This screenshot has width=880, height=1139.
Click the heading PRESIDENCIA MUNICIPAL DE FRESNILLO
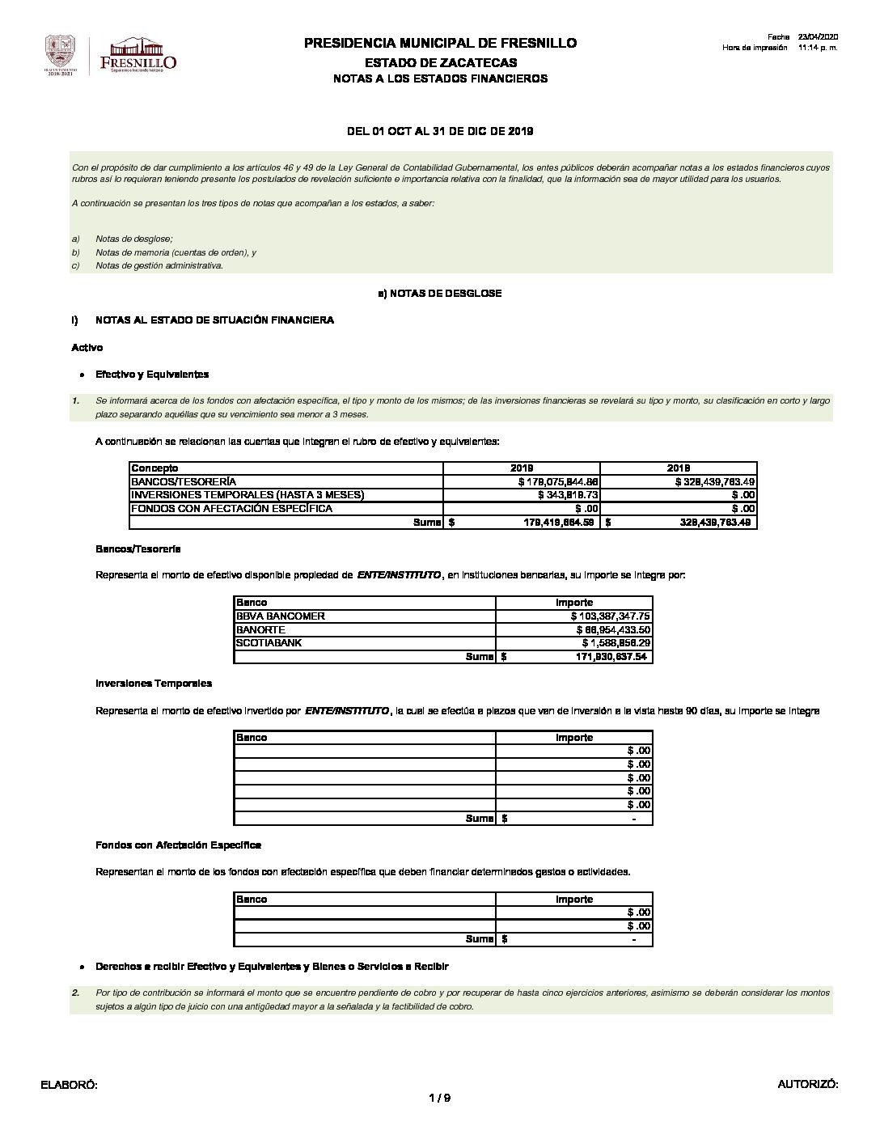pos(440,43)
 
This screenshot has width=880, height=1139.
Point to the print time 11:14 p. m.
pos(817,48)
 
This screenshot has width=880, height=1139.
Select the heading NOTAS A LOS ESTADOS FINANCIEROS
pos(440,78)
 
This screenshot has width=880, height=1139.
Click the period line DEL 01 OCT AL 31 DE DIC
pos(440,131)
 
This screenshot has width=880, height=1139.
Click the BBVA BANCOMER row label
pos(280,616)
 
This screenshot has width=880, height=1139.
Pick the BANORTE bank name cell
pos(260,629)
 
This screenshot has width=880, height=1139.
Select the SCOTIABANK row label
pos(268,643)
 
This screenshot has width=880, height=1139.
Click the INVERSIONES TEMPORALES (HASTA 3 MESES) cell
pos(247,494)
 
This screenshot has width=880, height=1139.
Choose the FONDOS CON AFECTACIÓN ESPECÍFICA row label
pos(232,508)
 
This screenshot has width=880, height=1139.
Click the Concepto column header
pos(154,468)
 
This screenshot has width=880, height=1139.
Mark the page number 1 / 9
pos(439,1098)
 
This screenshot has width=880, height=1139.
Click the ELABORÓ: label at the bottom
pos(69,1084)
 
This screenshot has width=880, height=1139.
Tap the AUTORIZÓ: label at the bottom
pos(807,1084)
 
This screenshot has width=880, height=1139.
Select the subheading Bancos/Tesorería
pos(137,549)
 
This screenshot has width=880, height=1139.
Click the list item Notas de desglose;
pos(134,239)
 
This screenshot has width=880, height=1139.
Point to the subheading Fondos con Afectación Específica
pos(178,845)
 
